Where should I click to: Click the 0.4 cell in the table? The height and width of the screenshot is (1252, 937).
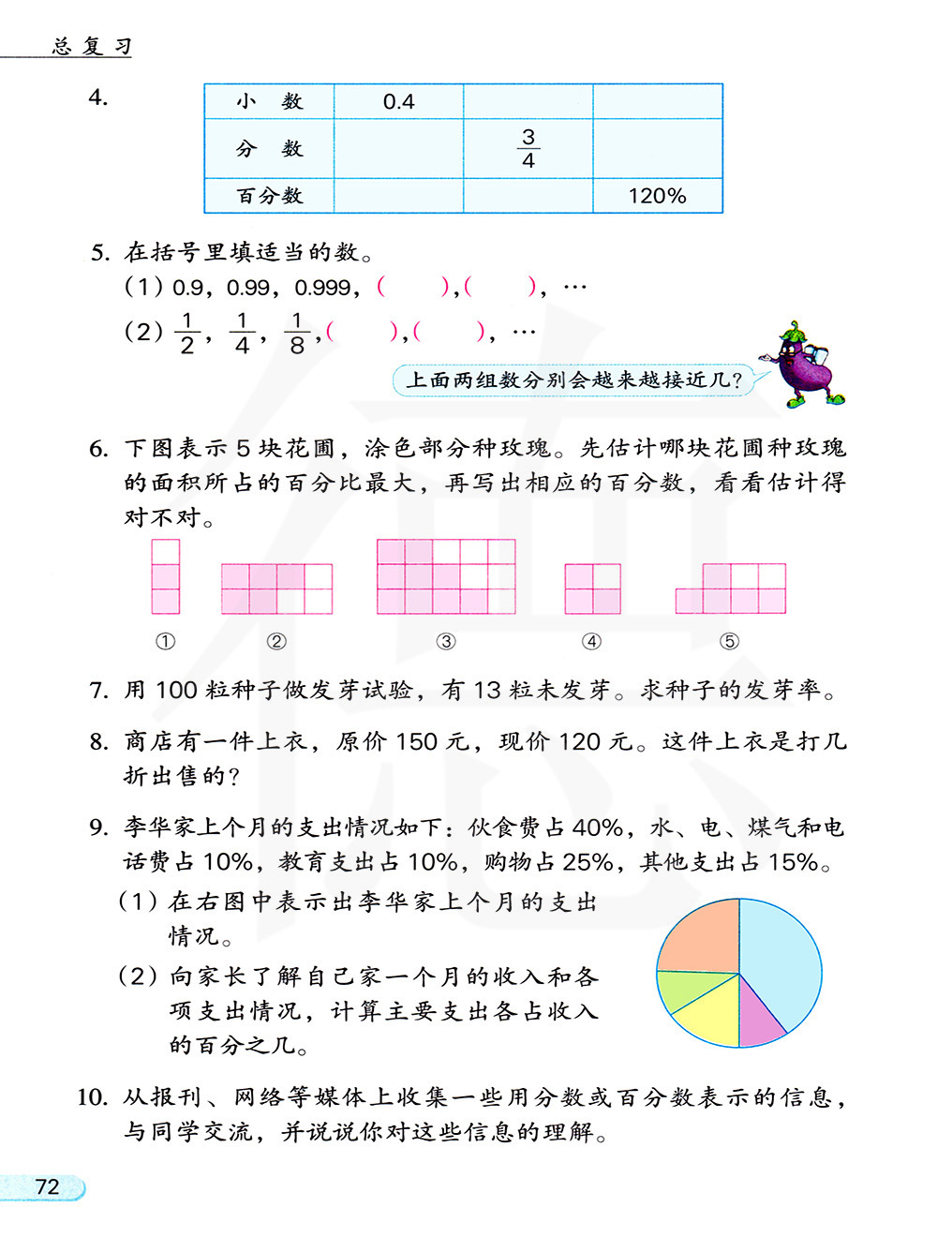398,101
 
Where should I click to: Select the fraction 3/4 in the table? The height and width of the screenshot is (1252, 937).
528,148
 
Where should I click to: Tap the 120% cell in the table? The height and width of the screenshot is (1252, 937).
657,196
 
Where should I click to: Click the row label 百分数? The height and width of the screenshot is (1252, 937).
270,196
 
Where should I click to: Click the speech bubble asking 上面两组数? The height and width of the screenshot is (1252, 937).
573,380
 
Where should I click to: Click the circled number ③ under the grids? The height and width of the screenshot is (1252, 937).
446,642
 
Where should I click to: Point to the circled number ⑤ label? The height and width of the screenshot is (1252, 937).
729,642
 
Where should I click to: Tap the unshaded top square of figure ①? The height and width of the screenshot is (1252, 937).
166,552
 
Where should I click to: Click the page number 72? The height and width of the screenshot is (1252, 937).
47,1187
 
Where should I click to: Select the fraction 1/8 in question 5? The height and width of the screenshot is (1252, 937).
297,333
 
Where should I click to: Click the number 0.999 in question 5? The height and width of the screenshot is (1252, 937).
322,288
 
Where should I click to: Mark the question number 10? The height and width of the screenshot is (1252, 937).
92,1097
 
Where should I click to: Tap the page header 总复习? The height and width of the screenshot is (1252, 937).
92,46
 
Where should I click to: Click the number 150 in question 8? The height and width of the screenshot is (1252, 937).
416,742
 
